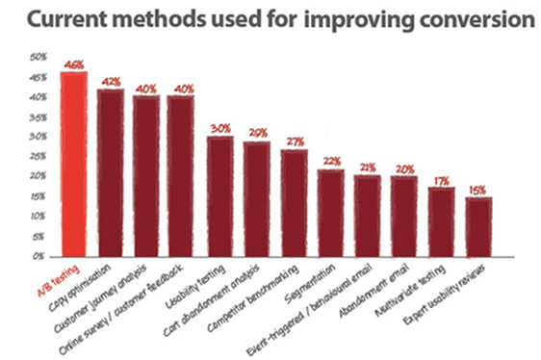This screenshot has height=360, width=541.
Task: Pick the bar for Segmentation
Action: (x=330, y=212)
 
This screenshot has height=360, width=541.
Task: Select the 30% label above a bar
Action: (x=219, y=128)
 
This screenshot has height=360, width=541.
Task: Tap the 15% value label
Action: (x=478, y=189)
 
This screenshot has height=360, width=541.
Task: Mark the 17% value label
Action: (x=441, y=179)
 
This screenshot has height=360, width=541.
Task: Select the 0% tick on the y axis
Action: (x=40, y=257)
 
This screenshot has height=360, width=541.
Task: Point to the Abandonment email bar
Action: (x=404, y=216)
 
